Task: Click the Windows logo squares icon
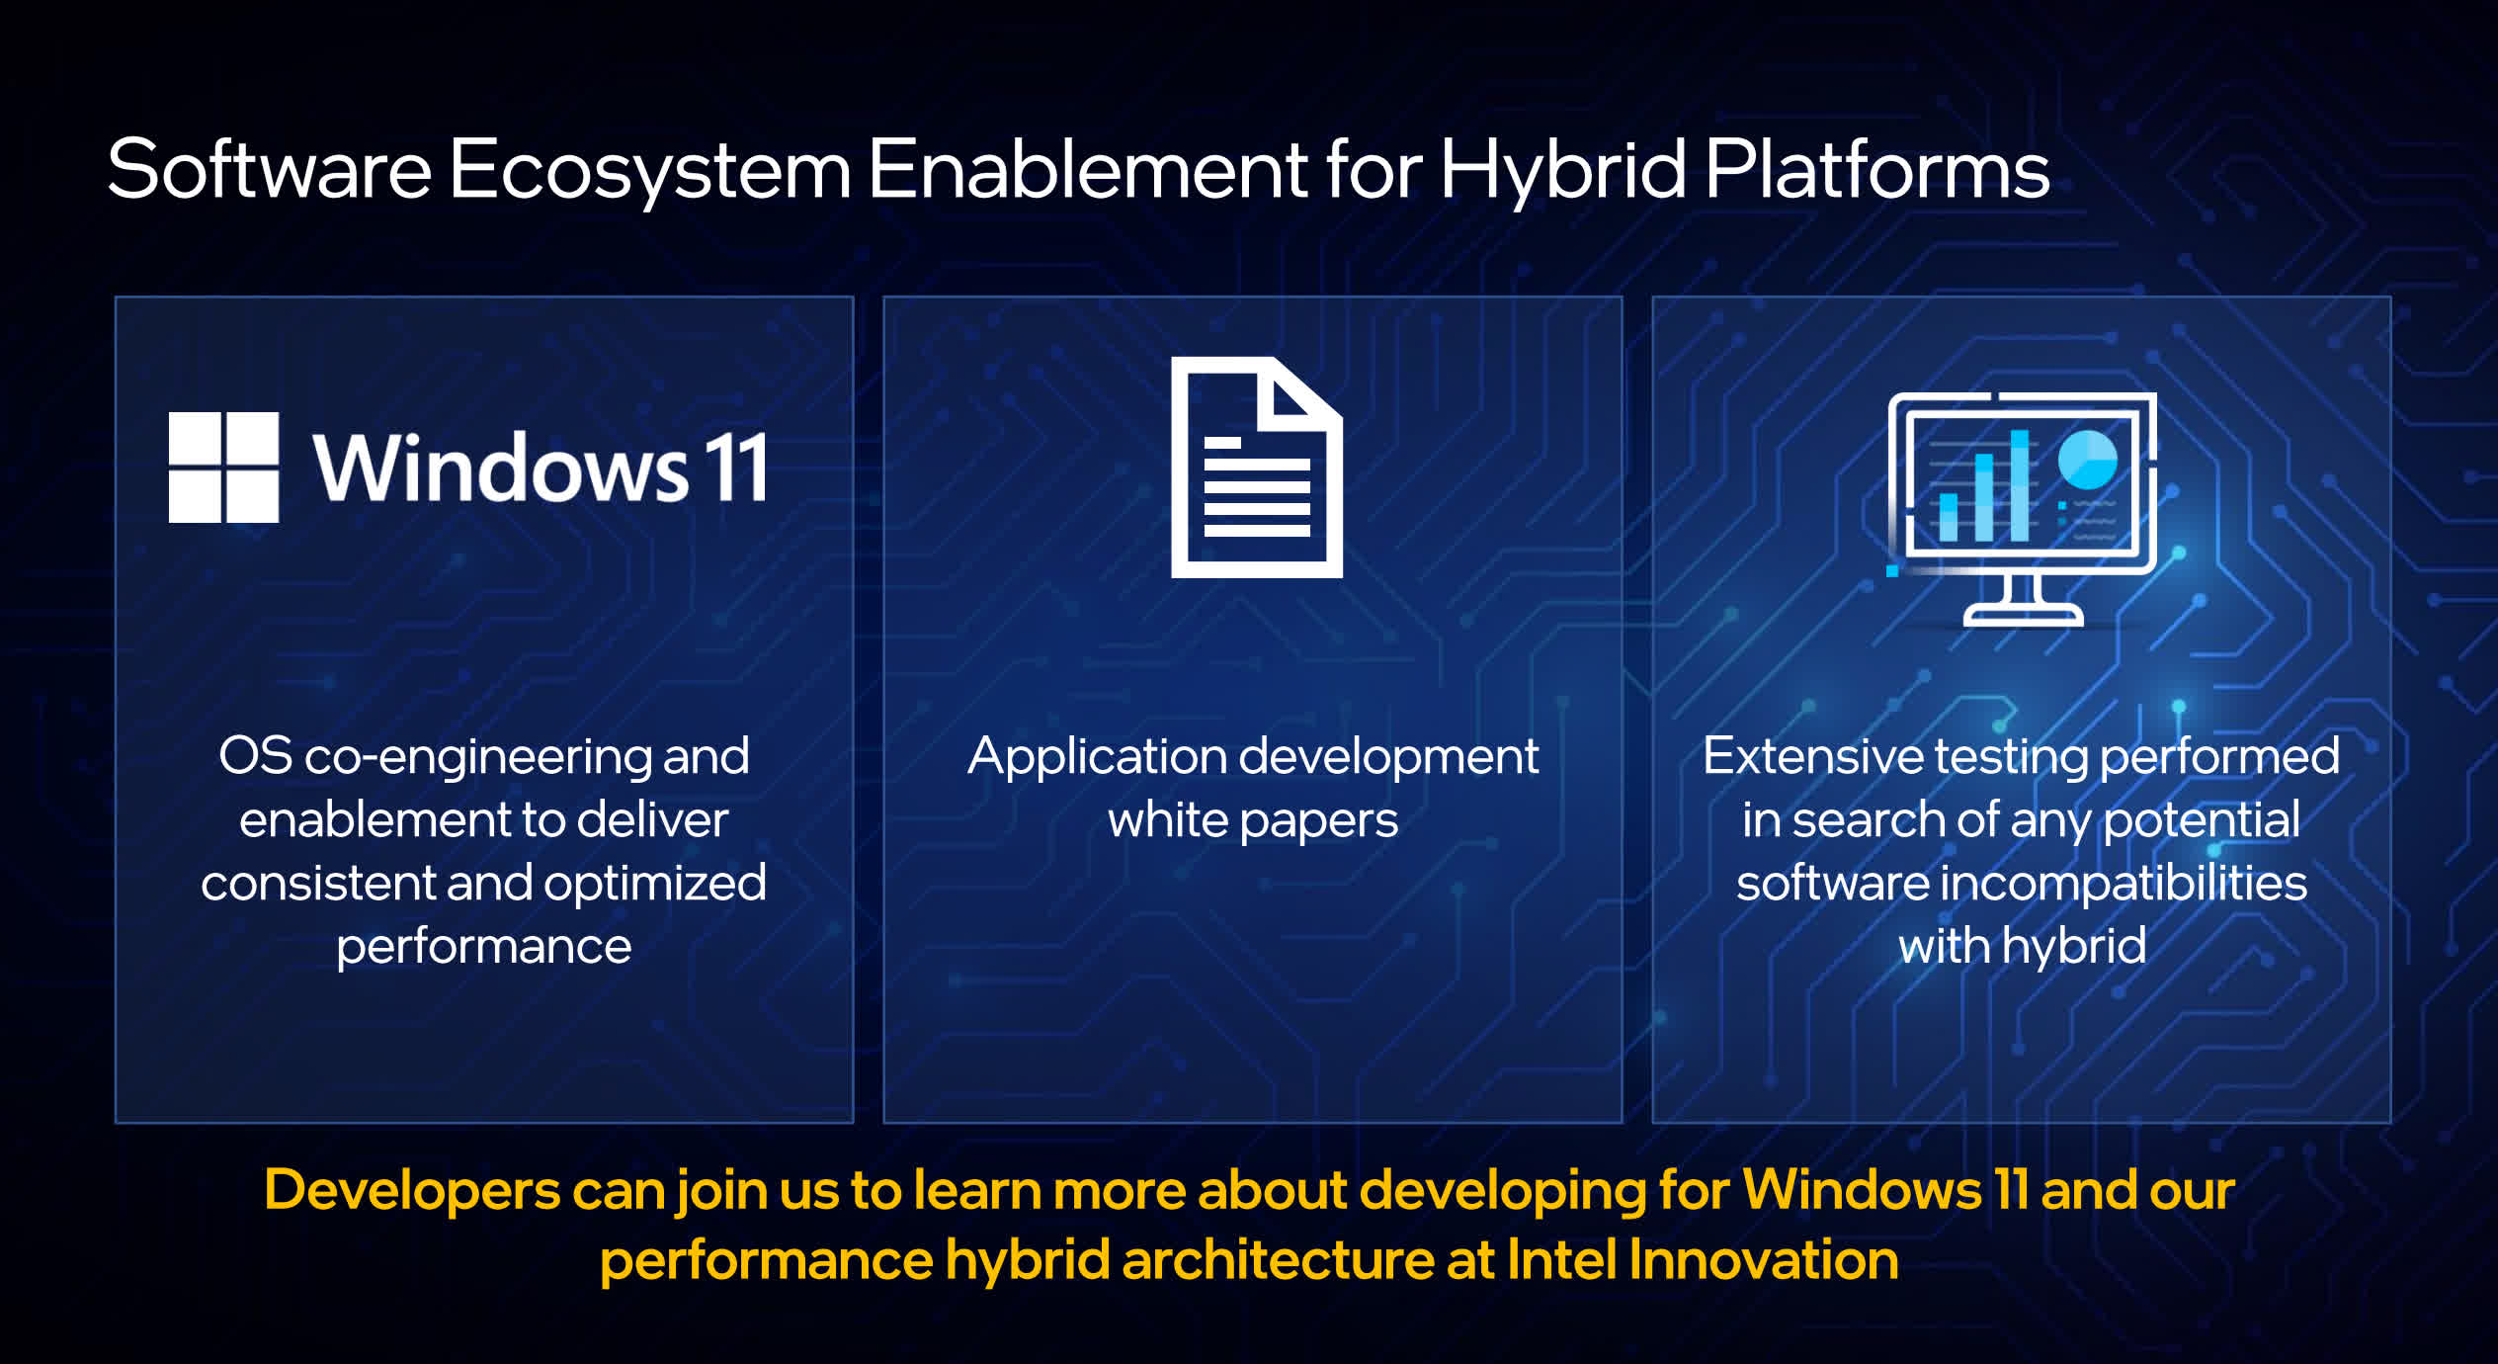[x=223, y=467]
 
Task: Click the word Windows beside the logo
[x=501, y=469]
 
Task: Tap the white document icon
[x=1256, y=467]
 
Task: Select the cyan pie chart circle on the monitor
[x=2087, y=460]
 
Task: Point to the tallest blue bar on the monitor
[x=2019, y=486]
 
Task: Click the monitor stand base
[x=2023, y=616]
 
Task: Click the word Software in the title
[x=269, y=169]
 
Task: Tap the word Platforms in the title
[x=1878, y=169]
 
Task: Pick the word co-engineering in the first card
[x=477, y=758]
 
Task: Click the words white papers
[x=1253, y=821]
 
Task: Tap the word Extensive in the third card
[x=1812, y=756]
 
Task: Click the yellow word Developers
[x=412, y=1192]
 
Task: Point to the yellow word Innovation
[x=1763, y=1260]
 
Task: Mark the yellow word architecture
[x=1278, y=1261]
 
